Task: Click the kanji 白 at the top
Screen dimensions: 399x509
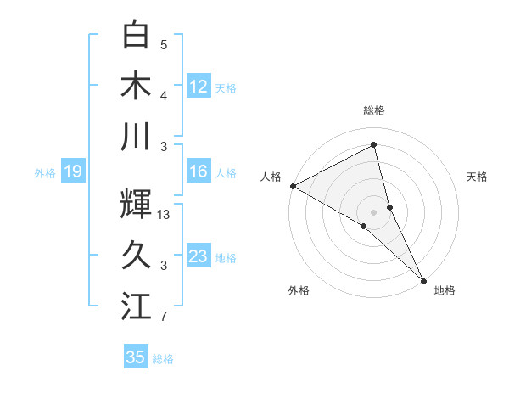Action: click(136, 35)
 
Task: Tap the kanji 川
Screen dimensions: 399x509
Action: click(136, 135)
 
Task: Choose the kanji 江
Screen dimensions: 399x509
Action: click(136, 305)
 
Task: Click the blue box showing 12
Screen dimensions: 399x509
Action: click(199, 86)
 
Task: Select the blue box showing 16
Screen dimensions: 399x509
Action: click(199, 171)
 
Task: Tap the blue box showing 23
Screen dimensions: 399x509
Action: click(199, 256)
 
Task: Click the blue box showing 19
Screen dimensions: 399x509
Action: click(72, 172)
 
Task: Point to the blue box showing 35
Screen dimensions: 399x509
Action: click(136, 357)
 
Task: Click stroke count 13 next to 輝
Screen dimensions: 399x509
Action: click(165, 216)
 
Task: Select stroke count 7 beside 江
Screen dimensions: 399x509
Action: click(164, 318)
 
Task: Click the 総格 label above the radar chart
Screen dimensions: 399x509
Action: click(374, 110)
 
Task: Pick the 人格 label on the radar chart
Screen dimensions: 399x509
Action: click(271, 177)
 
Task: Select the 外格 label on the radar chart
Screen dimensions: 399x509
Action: click(299, 290)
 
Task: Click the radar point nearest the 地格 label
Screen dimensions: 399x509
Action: click(422, 278)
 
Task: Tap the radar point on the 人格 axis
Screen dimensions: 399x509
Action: click(293, 185)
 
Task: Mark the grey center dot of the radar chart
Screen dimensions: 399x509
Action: click(374, 211)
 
